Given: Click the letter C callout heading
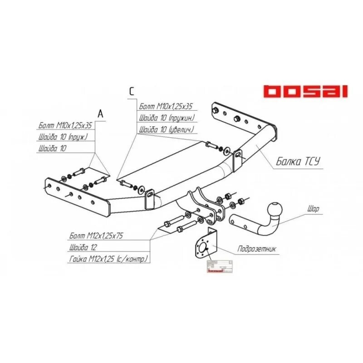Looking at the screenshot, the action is pos(132,91).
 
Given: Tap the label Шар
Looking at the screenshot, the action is pos(313,209).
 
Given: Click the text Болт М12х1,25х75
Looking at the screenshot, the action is pos(97,236).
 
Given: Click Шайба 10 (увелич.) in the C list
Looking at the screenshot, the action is pos(167,130).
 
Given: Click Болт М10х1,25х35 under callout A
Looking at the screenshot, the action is pos(66,126).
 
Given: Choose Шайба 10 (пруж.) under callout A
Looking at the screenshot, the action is pos(64,137).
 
